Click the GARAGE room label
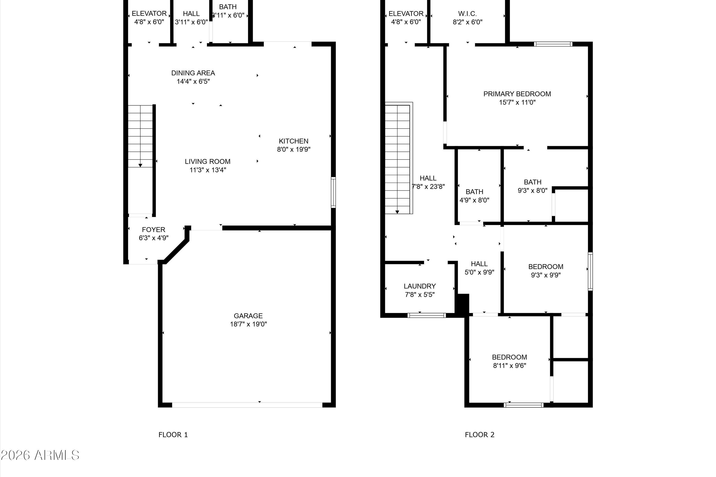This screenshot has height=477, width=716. pos(248,316)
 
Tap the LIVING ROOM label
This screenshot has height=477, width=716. pos(208,161)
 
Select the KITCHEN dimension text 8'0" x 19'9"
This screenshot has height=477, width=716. pos(294,149)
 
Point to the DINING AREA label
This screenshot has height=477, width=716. pos(193,73)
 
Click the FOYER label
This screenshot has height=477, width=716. pos(153,230)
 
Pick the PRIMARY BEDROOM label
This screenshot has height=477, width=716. pos(517,94)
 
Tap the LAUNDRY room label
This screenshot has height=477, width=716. pos(420,286)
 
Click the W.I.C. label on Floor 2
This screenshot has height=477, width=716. pos(467,14)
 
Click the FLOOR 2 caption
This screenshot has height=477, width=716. pos(480,435)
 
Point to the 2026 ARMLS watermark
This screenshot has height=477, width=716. pos(40,455)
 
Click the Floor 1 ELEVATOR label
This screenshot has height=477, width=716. pos(149,14)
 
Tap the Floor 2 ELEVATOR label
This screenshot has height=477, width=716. pos(406,14)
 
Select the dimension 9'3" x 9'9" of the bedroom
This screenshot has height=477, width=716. pos(546,275)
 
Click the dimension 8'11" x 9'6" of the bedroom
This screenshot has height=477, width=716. pos(510,366)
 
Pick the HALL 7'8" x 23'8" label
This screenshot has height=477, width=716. pos(428,182)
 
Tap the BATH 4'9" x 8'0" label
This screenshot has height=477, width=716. pos(474,196)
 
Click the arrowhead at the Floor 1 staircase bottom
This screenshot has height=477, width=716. pos(140,166)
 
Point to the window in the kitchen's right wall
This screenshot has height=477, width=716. pos(333,192)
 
